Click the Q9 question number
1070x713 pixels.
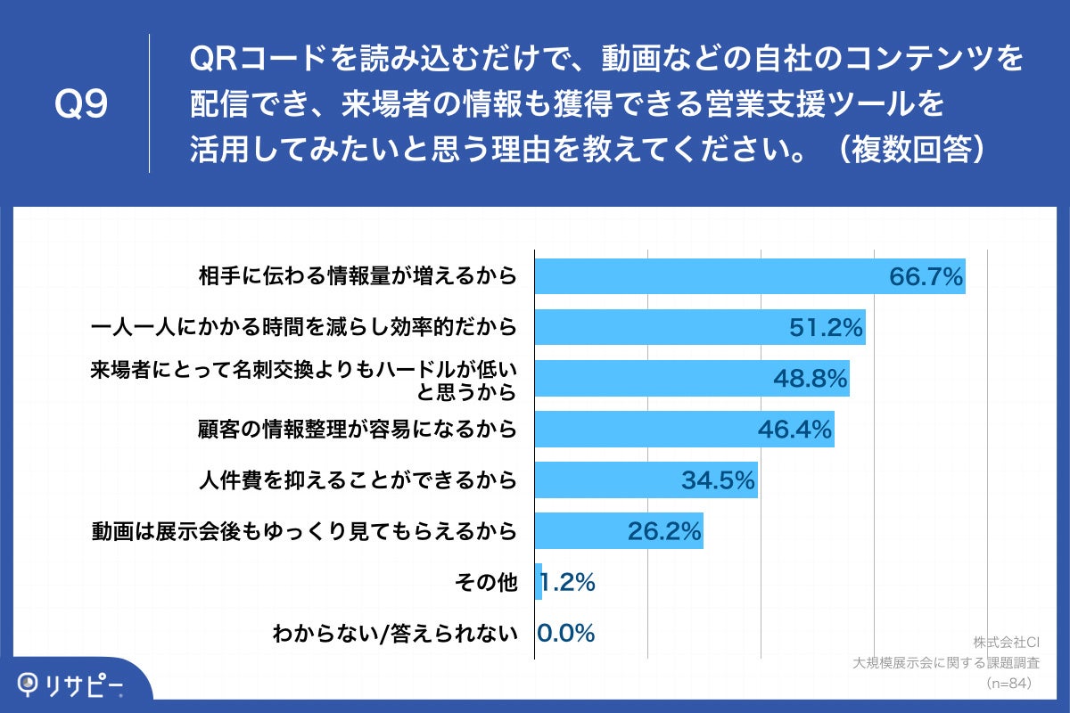click(x=81, y=104)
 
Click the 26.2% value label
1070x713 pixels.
click(x=665, y=532)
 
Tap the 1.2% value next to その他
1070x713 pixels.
click(x=567, y=583)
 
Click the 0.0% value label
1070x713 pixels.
click(x=566, y=634)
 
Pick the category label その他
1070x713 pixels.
click(x=485, y=584)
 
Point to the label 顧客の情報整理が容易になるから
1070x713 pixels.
click(x=357, y=430)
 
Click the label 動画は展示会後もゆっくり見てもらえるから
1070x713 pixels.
click(x=304, y=532)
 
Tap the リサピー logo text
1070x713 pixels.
click(x=85, y=684)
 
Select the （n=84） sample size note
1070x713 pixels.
click(x=1008, y=683)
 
